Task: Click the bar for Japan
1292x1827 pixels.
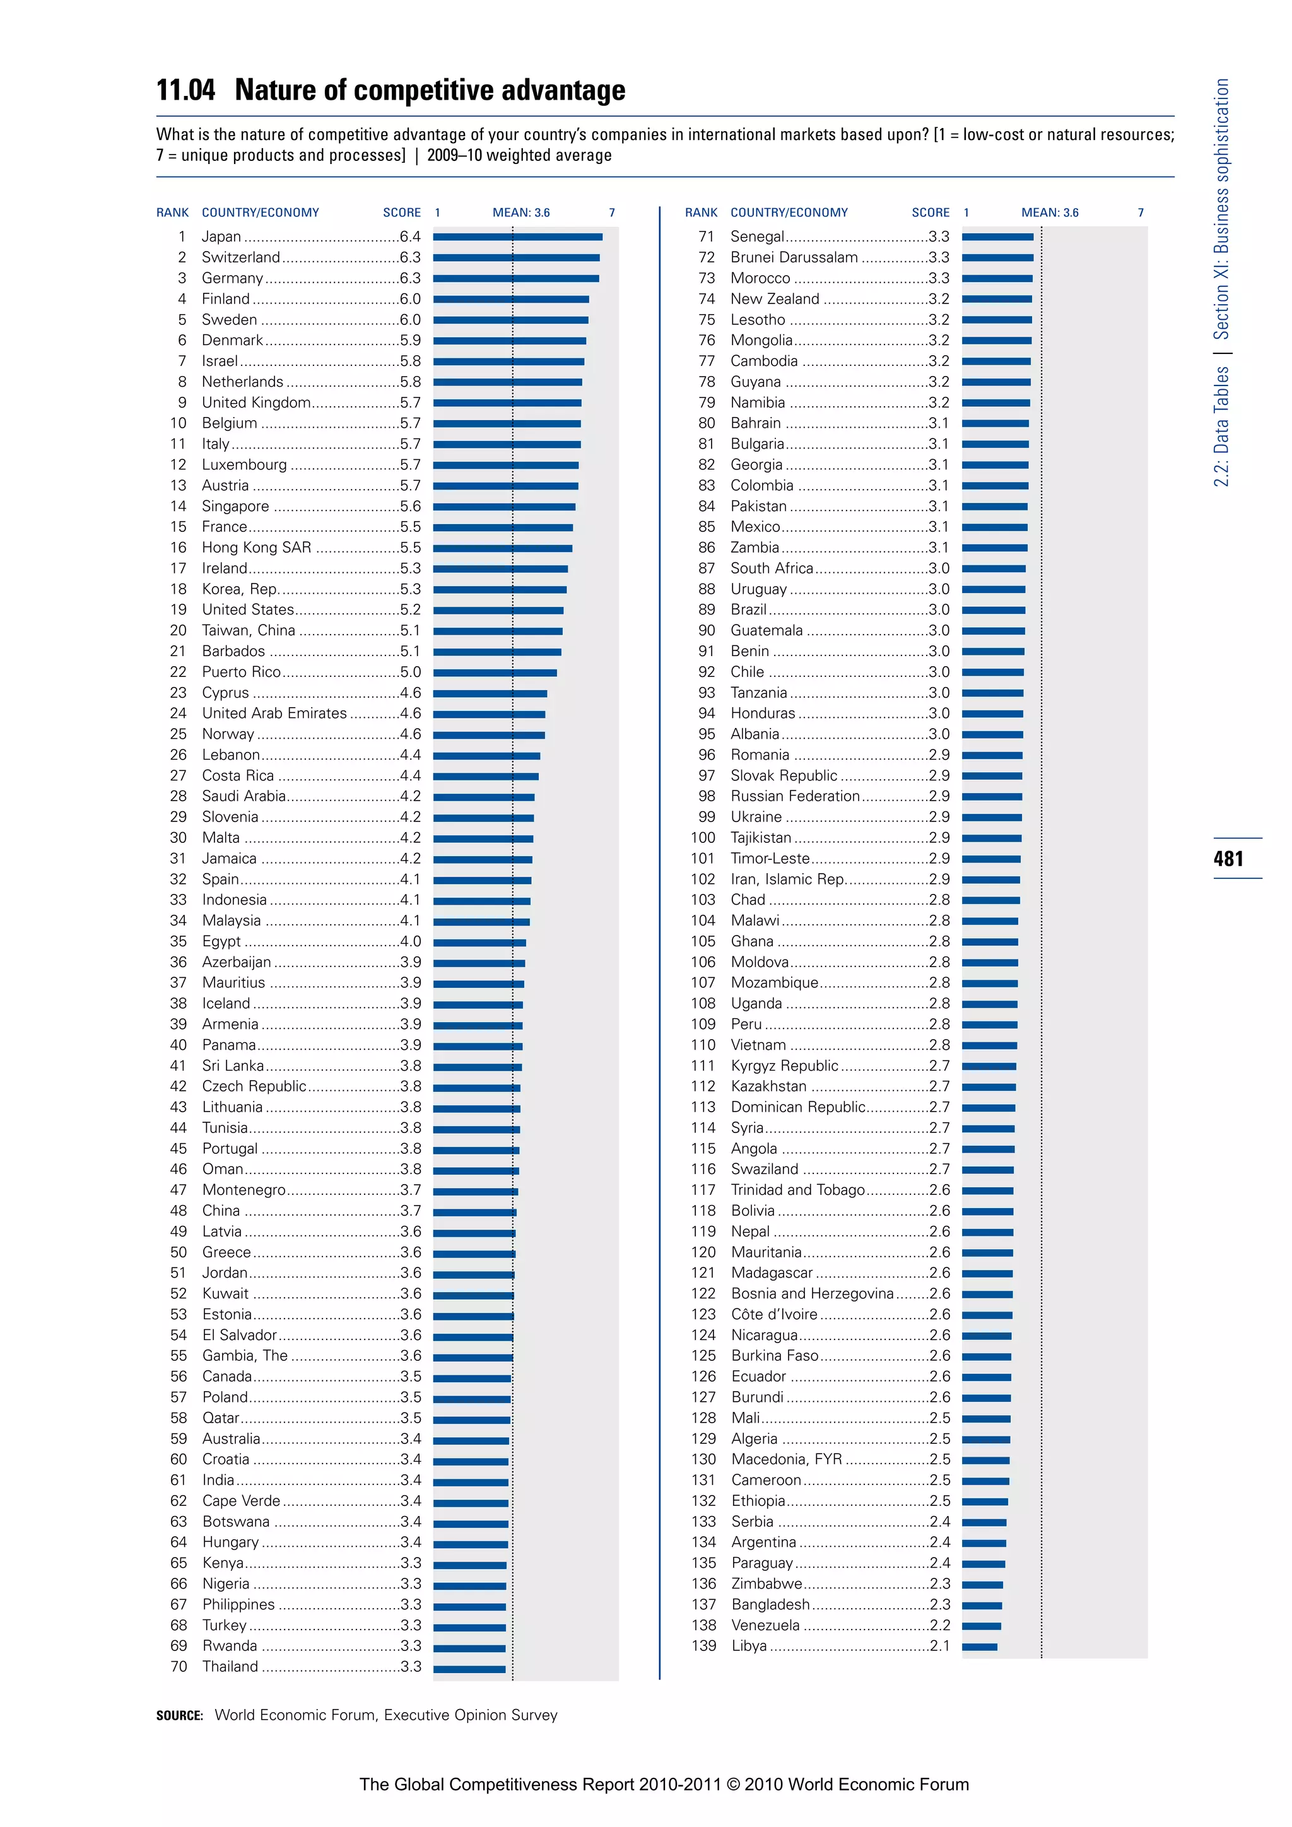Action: click(x=517, y=237)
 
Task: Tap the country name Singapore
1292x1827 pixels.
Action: click(x=235, y=506)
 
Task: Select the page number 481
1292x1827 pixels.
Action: click(x=1228, y=859)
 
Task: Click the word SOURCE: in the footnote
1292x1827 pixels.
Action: click(x=180, y=1715)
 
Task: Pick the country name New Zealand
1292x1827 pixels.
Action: click(x=775, y=299)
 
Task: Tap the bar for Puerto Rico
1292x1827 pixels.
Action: click(x=495, y=673)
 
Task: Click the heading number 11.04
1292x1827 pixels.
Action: click(x=185, y=90)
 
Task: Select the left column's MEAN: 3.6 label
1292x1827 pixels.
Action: click(x=521, y=213)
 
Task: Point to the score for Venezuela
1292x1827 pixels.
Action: click(x=939, y=1626)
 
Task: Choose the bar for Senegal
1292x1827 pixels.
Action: click(x=997, y=237)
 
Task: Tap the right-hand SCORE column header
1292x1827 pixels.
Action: click(x=930, y=213)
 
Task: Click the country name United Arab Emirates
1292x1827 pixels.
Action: click(x=274, y=714)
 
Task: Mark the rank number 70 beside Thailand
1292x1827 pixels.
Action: click(x=179, y=1667)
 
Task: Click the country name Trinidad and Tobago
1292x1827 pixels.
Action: click(x=798, y=1190)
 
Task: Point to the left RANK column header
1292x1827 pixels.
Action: click(x=173, y=213)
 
